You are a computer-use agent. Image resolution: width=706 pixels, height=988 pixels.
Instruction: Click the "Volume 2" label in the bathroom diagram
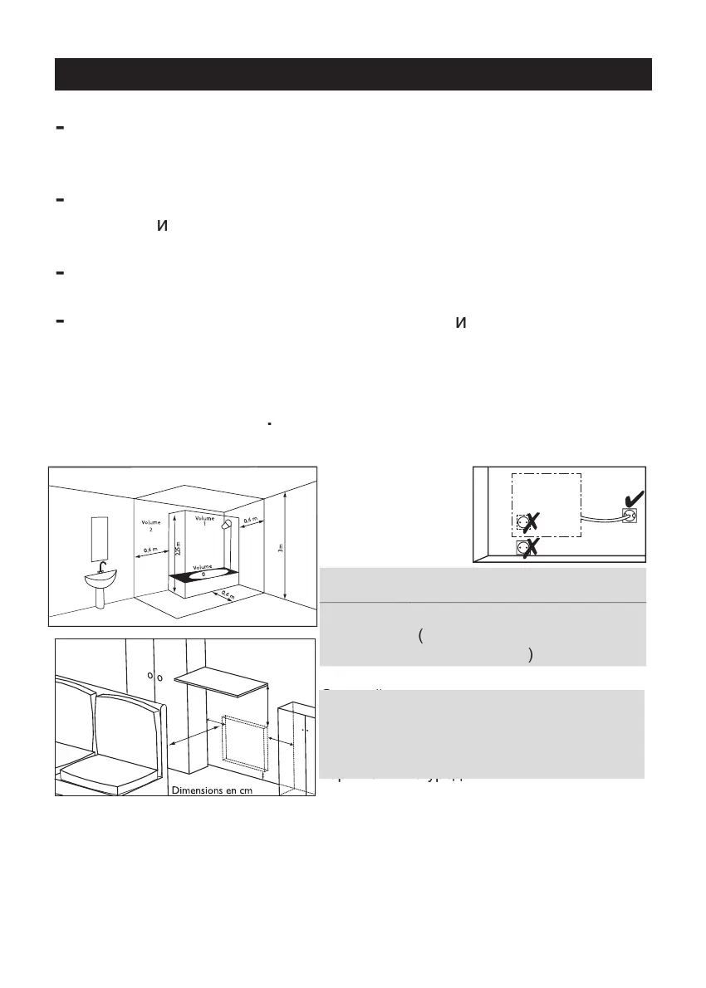(150, 525)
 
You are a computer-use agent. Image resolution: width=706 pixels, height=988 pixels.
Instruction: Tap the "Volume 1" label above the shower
(204, 521)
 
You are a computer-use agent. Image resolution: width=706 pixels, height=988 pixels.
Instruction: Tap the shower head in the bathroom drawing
(225, 526)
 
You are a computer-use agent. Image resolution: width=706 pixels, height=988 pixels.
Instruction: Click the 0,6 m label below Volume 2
(150, 550)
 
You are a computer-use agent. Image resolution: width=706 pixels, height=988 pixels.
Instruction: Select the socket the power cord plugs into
(629, 515)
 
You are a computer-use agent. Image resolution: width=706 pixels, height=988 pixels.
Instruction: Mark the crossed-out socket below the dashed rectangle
(523, 548)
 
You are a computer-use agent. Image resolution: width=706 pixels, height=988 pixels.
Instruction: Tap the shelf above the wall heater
(225, 679)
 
